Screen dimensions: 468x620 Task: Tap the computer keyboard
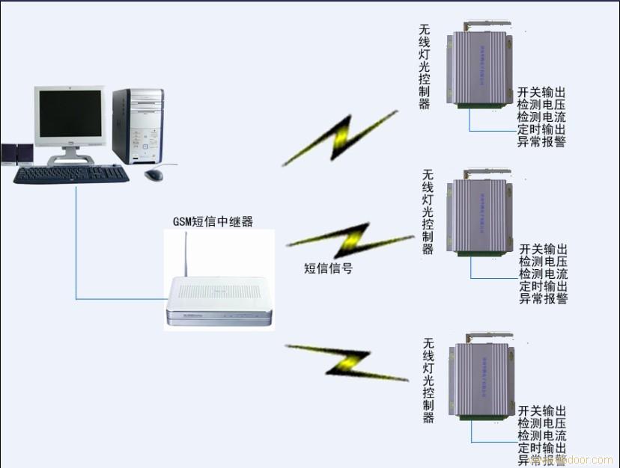click(x=71, y=174)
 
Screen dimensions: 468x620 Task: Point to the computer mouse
click(x=154, y=174)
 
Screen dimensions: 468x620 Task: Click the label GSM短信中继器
click(x=213, y=221)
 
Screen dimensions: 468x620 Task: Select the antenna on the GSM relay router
click(x=186, y=254)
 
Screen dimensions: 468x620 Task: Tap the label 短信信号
click(x=328, y=268)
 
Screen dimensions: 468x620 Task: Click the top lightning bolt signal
click(x=341, y=138)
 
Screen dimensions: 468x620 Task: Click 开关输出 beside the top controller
click(x=541, y=93)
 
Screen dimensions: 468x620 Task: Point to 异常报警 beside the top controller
click(x=541, y=141)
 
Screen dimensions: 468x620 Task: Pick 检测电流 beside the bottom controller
click(x=542, y=435)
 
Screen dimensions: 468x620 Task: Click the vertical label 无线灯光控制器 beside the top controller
click(x=425, y=67)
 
